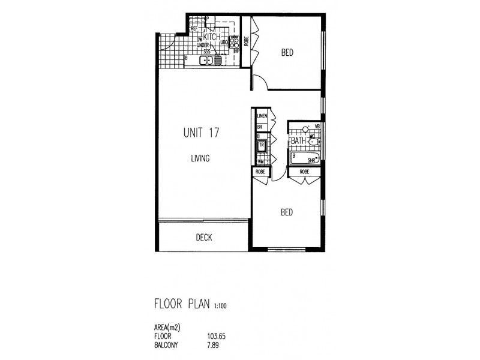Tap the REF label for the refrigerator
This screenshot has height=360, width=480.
pyautogui.click(x=194, y=28)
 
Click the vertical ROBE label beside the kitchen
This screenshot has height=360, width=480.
pyautogui.click(x=246, y=41)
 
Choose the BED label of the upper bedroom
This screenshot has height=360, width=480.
pyautogui.click(x=287, y=53)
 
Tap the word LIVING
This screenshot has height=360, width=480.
pyautogui.click(x=200, y=158)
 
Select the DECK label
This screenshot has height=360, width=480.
pyautogui.click(x=204, y=238)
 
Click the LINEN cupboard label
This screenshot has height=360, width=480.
pyautogui.click(x=262, y=116)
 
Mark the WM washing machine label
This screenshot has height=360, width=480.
pyautogui.click(x=261, y=161)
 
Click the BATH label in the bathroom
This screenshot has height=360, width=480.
pyautogui.click(x=299, y=141)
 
